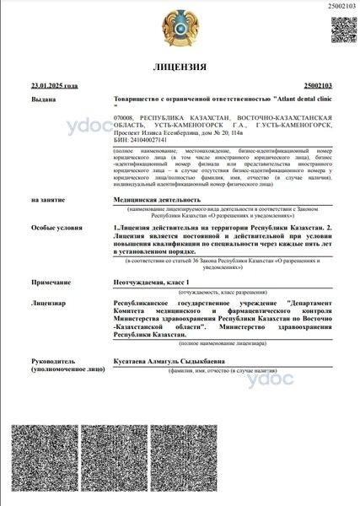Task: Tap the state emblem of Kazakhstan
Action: (180, 27)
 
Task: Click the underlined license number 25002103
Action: (316, 86)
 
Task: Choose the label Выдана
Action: (43, 98)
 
